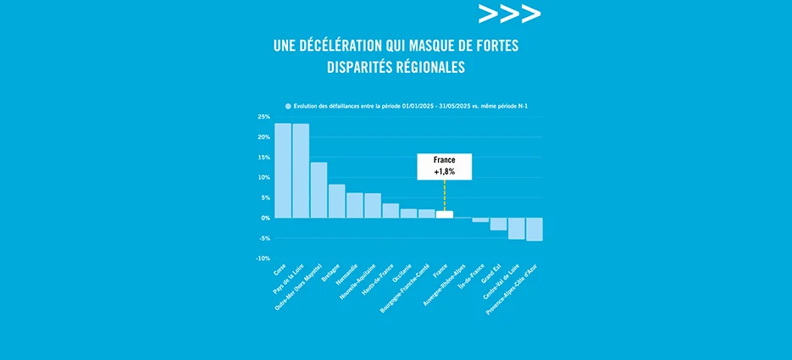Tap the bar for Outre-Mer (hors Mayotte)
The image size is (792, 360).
pyautogui.click(x=318, y=191)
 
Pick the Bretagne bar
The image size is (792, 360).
pyautogui.click(x=337, y=202)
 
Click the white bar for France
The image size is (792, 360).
pyautogui.click(x=445, y=214)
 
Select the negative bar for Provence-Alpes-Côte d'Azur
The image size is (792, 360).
pyautogui.click(x=534, y=230)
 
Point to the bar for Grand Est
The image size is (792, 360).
pyautogui.click(x=499, y=224)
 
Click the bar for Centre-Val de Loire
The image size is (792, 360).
pyautogui.click(x=517, y=229)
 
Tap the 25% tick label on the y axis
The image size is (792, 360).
pyautogui.click(x=263, y=117)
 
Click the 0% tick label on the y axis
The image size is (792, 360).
pyautogui.click(x=265, y=219)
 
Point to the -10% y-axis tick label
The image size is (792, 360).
pyautogui.click(x=263, y=258)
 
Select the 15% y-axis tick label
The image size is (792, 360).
pyautogui.click(x=263, y=158)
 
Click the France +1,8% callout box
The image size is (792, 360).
pyautogui.click(x=444, y=166)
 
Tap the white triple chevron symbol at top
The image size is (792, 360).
pyautogui.click(x=508, y=14)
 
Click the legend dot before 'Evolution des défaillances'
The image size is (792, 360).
pyautogui.click(x=288, y=106)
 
